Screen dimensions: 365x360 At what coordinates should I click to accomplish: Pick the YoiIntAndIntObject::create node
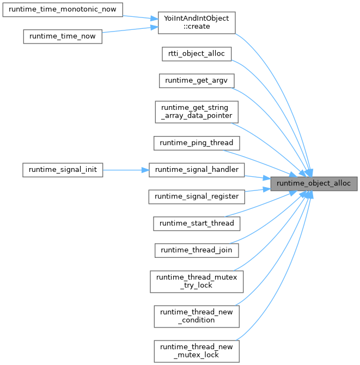(x=197, y=22)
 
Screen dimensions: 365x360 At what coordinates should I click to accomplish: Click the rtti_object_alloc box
(x=197, y=53)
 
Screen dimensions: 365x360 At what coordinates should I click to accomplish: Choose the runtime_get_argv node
(x=197, y=81)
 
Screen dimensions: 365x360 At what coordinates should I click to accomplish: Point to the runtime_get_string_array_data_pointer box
(x=197, y=112)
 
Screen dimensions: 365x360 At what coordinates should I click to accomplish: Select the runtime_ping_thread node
(x=197, y=143)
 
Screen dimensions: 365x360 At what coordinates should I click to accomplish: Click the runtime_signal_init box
(x=62, y=170)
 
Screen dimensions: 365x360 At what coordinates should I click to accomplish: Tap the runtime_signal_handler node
(x=197, y=170)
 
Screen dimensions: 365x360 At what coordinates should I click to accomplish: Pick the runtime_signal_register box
(x=197, y=196)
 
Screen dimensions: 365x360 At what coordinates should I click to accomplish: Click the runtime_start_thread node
(x=197, y=223)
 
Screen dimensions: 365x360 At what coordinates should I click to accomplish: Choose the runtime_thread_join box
(x=197, y=250)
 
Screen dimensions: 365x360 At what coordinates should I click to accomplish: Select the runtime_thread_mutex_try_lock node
(x=197, y=281)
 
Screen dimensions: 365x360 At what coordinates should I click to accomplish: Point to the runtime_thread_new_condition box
(x=197, y=316)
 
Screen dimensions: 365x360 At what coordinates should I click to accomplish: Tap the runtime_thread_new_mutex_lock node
(x=197, y=351)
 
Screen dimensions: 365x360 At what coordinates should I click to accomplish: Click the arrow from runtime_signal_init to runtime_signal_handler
(x=125, y=170)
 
